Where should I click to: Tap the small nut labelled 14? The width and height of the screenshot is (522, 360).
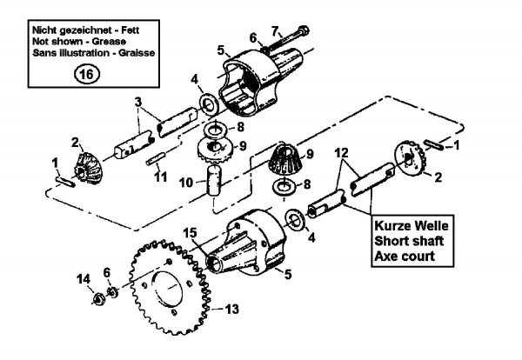98,301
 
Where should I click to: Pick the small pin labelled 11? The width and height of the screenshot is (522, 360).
156,157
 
